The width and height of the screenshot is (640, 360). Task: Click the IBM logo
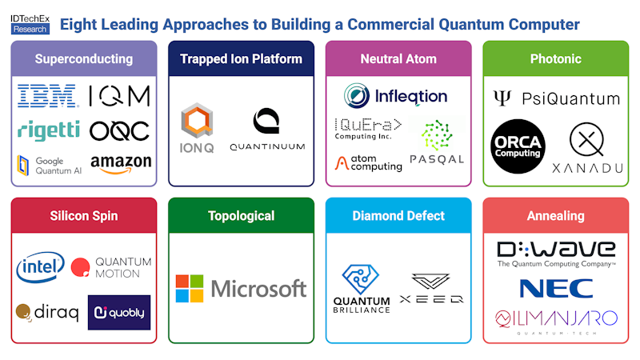[x=47, y=96]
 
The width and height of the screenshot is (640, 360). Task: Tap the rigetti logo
[x=47, y=129]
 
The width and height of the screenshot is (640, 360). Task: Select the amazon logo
[x=121, y=163]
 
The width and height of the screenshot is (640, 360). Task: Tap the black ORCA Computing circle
[x=518, y=146]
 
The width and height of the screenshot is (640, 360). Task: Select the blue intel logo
[x=40, y=268]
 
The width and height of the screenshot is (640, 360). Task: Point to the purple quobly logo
[x=119, y=313]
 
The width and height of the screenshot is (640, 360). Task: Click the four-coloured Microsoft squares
[x=190, y=288]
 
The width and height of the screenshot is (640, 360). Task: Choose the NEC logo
[x=556, y=288]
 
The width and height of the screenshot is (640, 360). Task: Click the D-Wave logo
[x=556, y=249]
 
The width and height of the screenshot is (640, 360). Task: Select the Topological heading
[x=241, y=216]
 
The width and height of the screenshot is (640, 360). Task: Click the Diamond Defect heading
[x=398, y=216]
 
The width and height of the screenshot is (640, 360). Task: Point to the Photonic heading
[x=555, y=58]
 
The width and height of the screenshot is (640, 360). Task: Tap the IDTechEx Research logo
[x=30, y=22]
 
